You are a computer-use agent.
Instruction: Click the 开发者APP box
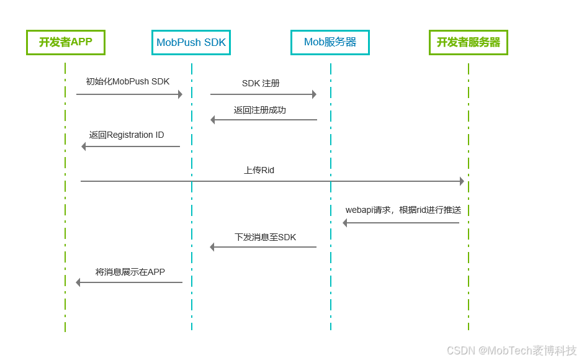coord(65,42)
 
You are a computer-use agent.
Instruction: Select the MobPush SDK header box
coord(191,43)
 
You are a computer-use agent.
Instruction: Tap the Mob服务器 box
coord(330,42)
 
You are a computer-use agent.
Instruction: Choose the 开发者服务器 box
coord(469,42)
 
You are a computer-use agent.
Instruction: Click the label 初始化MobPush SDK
coord(127,82)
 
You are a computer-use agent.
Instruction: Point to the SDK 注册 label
coord(261,83)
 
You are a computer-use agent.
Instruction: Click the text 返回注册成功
coord(259,110)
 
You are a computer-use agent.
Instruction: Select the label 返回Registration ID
coord(127,135)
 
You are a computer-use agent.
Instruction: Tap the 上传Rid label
coord(259,170)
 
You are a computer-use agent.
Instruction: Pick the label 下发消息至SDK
coord(265,237)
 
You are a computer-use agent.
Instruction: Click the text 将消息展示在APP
coord(130,272)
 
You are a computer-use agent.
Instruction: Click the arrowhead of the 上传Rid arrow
coord(462,181)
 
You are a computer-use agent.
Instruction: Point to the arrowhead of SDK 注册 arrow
coord(314,94)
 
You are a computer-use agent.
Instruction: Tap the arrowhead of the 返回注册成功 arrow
coord(213,120)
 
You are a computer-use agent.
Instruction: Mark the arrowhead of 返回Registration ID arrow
coord(84,146)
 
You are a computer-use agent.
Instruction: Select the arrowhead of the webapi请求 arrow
coord(345,223)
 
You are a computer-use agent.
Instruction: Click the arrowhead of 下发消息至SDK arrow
coord(212,247)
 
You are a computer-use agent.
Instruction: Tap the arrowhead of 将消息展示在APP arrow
coord(78,282)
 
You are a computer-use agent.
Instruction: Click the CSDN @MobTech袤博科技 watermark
coord(511,351)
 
